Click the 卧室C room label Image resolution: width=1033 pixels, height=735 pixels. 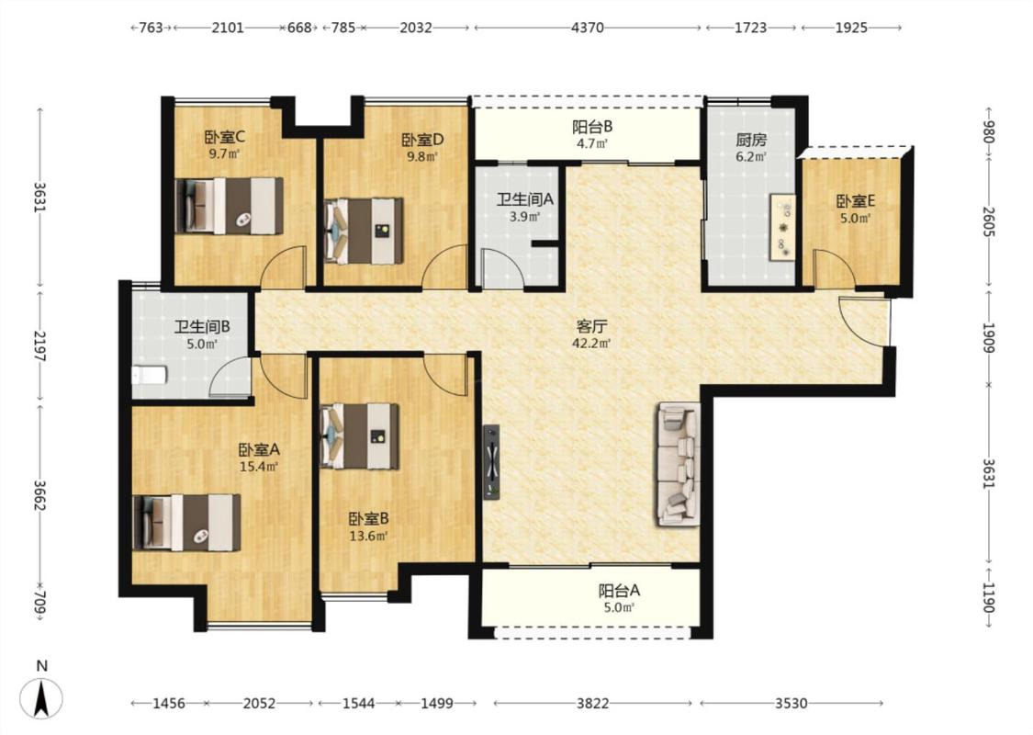coord(225,137)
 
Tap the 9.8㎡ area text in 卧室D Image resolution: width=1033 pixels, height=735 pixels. coord(422,157)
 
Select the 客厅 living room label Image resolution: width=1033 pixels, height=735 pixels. coord(591,326)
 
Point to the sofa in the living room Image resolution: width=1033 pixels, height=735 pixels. coord(678,464)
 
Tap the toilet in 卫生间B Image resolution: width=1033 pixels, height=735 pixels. coord(149,375)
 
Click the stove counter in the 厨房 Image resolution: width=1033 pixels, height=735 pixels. coord(782,227)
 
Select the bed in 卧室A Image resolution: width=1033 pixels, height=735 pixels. coord(186,522)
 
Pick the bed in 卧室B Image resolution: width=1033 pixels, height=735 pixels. coord(360,435)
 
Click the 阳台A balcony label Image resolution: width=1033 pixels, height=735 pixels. coord(619,591)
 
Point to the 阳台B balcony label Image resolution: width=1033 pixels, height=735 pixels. coord(592,126)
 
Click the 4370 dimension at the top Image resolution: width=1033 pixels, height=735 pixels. coord(587,28)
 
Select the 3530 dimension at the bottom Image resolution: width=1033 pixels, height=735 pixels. coord(791,704)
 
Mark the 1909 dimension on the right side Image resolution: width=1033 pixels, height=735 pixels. coord(987,336)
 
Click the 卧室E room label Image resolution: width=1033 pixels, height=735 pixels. coord(855,201)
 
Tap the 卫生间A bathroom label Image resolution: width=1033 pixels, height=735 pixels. coord(524,199)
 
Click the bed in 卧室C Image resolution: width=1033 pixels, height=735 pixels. coord(230,206)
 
